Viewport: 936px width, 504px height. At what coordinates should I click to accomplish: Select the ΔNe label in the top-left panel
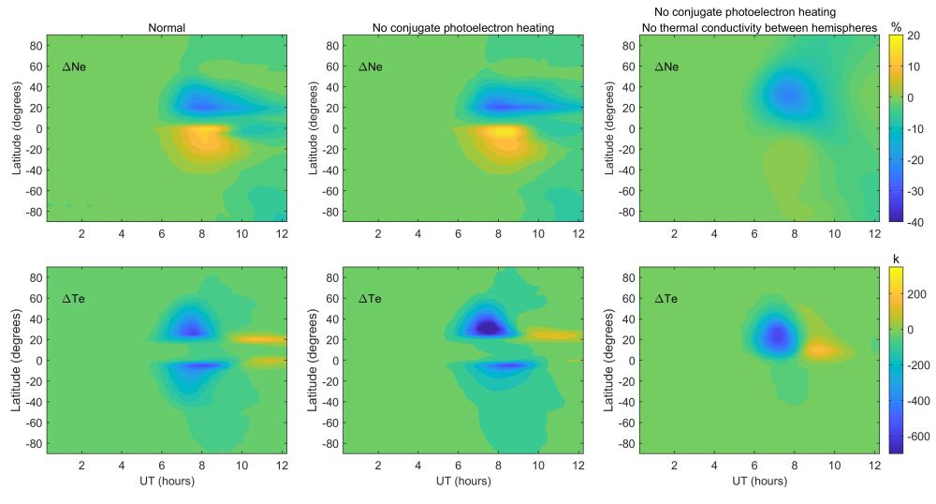[x=75, y=67]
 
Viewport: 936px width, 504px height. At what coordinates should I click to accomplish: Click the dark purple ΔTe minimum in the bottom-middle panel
[x=487, y=327]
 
